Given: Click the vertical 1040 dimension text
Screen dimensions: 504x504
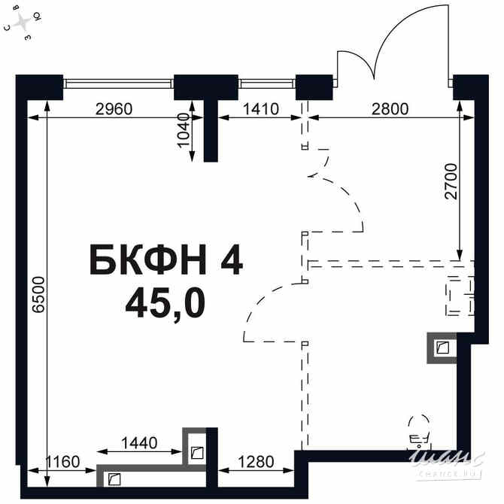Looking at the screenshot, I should point(184,132).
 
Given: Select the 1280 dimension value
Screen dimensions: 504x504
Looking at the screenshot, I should point(255,461).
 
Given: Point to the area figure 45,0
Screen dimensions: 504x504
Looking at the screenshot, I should point(165,303).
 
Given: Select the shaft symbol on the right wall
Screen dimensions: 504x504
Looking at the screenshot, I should point(442,348).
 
